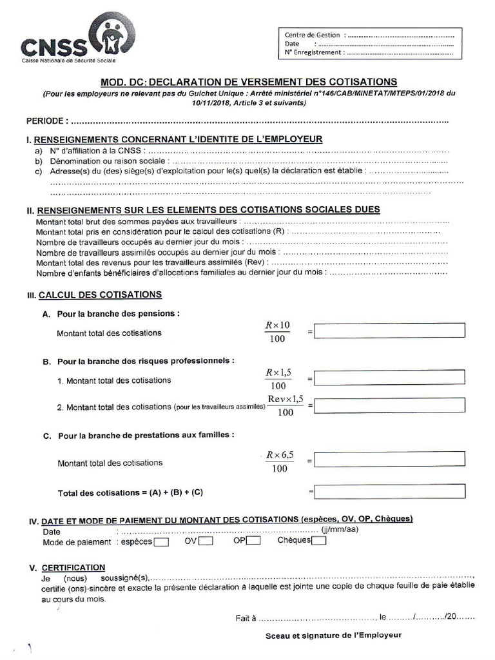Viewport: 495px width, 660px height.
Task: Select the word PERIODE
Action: tap(45, 121)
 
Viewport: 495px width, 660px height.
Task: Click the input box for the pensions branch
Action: tap(389, 331)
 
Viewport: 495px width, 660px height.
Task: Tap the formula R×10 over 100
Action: tap(278, 331)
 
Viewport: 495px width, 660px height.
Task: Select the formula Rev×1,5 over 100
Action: tap(285, 406)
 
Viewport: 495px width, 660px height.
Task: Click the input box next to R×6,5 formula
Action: tap(389, 460)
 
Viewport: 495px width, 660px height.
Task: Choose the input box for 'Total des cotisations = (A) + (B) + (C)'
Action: tap(389, 491)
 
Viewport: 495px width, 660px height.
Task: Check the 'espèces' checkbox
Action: tap(162, 542)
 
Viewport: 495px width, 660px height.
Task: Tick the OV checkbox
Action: tap(206, 541)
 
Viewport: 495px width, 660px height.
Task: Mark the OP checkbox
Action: tap(253, 541)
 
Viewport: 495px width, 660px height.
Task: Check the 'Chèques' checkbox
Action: tap(318, 541)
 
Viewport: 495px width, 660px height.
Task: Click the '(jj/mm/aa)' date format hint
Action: tap(340, 530)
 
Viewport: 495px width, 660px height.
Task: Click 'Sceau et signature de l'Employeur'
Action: tap(333, 635)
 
